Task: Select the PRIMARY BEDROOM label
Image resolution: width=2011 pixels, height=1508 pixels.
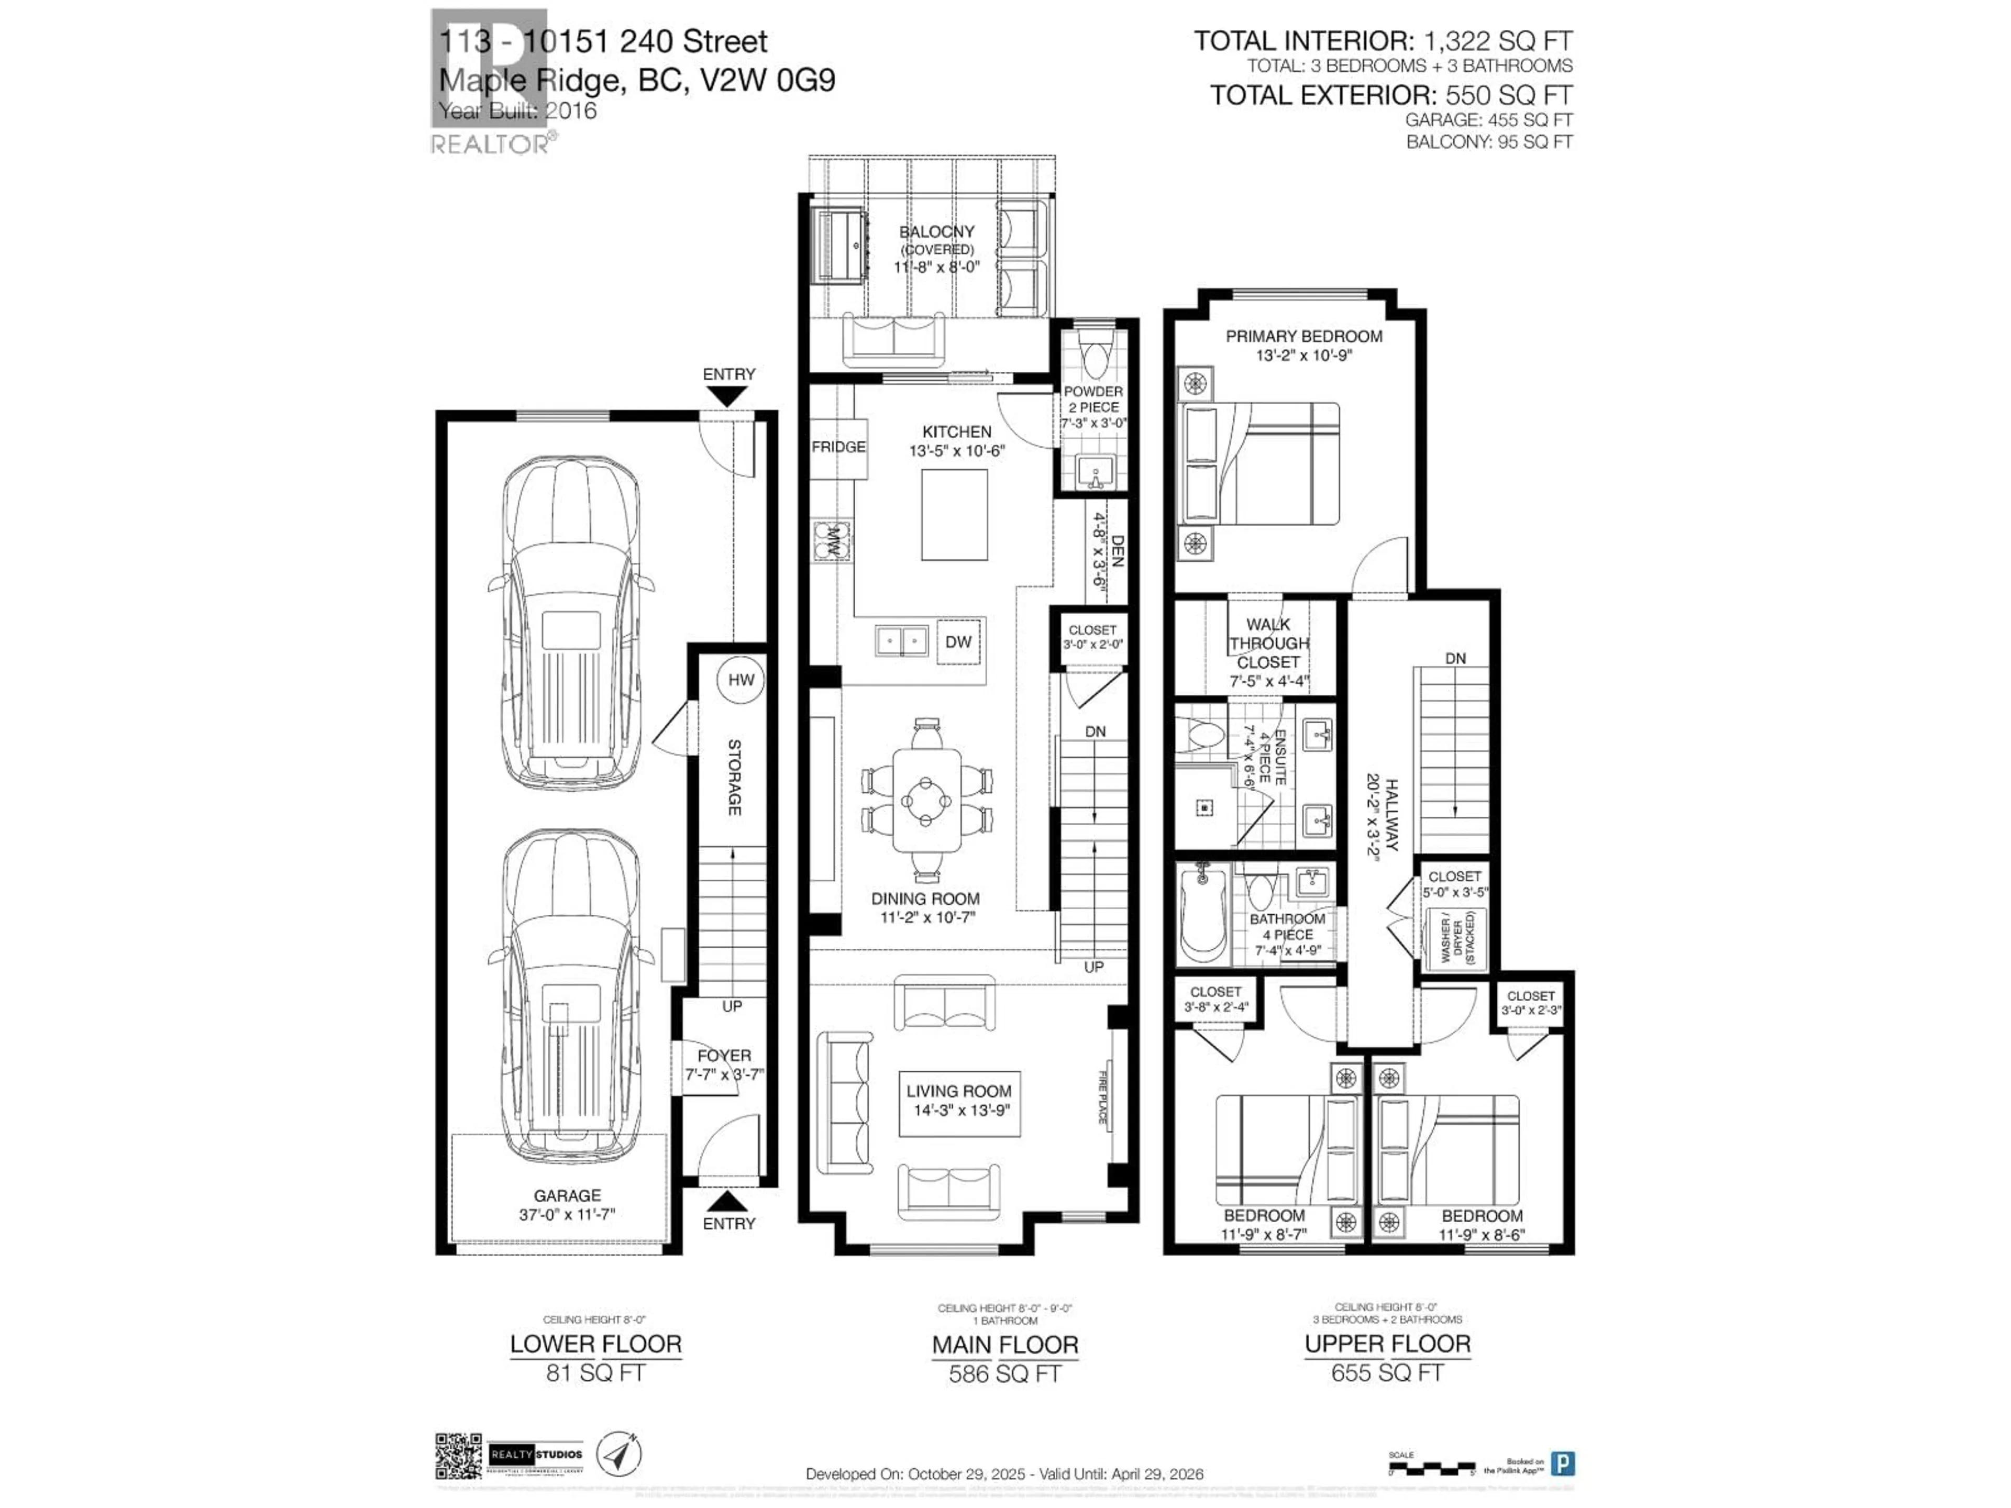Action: [x=1303, y=336]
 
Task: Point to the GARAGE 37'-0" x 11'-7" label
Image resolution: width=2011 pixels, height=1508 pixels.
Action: [x=567, y=1204]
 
